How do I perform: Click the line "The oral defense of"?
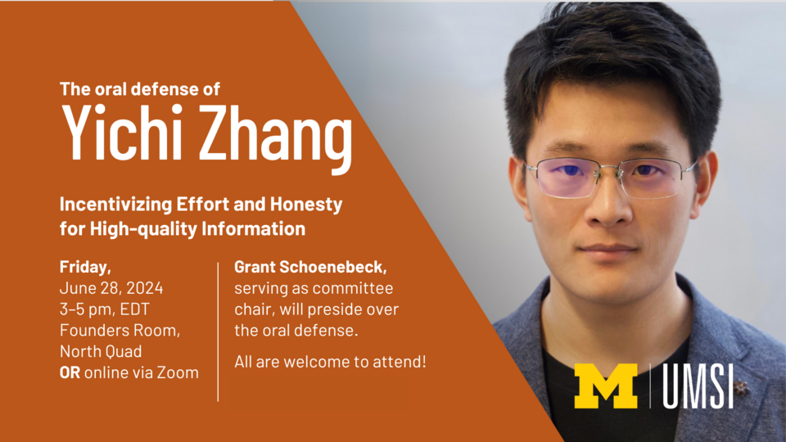[140, 88]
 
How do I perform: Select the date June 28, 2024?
[111, 288]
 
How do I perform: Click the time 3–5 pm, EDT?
[105, 309]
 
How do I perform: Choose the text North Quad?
[101, 352]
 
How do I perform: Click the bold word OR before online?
[70, 373]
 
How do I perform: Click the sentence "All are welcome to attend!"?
[330, 361]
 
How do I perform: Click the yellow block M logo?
[606, 386]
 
